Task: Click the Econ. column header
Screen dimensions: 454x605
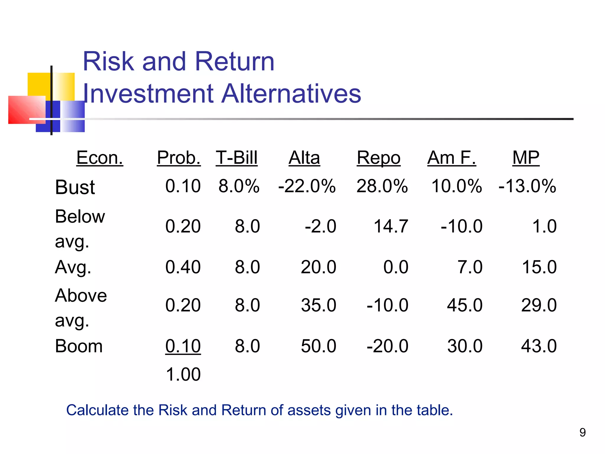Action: click(x=100, y=158)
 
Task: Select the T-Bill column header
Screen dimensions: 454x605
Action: click(x=237, y=158)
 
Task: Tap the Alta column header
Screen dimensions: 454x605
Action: click(x=304, y=158)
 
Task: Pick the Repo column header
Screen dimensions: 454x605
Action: click(x=378, y=158)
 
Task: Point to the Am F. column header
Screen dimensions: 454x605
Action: click(x=451, y=158)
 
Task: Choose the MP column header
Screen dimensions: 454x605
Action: click(x=526, y=158)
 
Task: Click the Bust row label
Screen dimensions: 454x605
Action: click(x=75, y=187)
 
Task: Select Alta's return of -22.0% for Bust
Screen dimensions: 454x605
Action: click(x=307, y=186)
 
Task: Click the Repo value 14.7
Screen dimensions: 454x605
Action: click(x=391, y=226)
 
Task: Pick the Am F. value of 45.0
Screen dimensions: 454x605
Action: click(x=465, y=305)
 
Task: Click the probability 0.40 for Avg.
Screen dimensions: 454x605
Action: click(x=183, y=267)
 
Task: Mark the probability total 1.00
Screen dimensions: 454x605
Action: click(x=183, y=374)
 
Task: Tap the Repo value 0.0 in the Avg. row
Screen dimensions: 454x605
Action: click(x=396, y=267)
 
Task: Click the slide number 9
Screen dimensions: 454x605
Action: click(x=583, y=432)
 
